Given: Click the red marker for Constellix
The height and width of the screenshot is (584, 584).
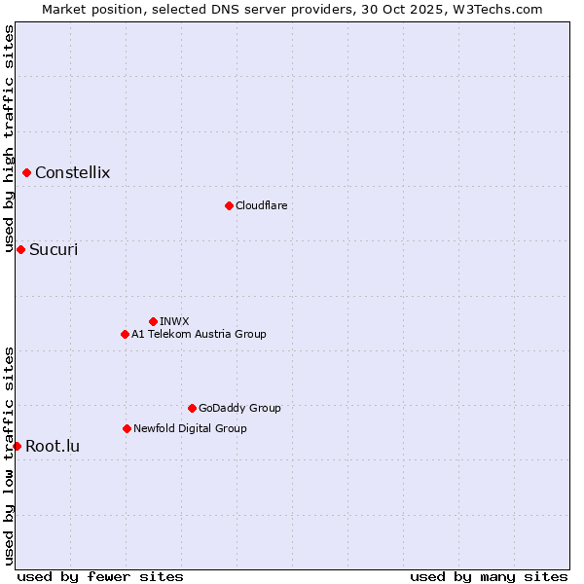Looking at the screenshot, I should (27, 173).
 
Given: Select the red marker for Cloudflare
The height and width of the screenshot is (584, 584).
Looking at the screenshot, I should (229, 205).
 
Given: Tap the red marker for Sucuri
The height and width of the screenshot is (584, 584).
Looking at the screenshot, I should (20, 250).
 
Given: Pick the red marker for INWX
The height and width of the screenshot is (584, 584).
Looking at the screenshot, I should (153, 321).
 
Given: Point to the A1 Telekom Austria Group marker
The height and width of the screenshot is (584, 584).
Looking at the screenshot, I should (125, 334).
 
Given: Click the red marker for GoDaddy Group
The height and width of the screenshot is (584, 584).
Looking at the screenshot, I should (192, 408).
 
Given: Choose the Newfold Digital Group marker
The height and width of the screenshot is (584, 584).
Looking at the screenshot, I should (127, 428).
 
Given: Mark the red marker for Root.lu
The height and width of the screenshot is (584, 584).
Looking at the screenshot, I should (17, 446).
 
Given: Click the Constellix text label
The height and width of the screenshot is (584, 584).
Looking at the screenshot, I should (72, 173).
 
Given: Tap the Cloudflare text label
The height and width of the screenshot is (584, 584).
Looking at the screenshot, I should (261, 205).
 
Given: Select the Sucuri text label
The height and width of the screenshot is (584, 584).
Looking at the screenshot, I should (54, 250).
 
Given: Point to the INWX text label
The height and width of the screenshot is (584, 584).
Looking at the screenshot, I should (174, 321).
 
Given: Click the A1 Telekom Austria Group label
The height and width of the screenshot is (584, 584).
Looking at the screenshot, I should (199, 334).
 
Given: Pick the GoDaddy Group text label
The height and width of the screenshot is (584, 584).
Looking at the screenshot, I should (239, 408).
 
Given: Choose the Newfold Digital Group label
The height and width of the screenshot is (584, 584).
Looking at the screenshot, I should (190, 428).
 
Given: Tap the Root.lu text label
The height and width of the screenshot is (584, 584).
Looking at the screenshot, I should (53, 447).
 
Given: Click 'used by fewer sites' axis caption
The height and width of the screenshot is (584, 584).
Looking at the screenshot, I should (100, 576).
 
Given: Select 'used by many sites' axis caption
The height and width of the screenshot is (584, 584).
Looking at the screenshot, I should (489, 576).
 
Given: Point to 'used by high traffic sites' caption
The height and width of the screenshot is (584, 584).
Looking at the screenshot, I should (9, 139).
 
